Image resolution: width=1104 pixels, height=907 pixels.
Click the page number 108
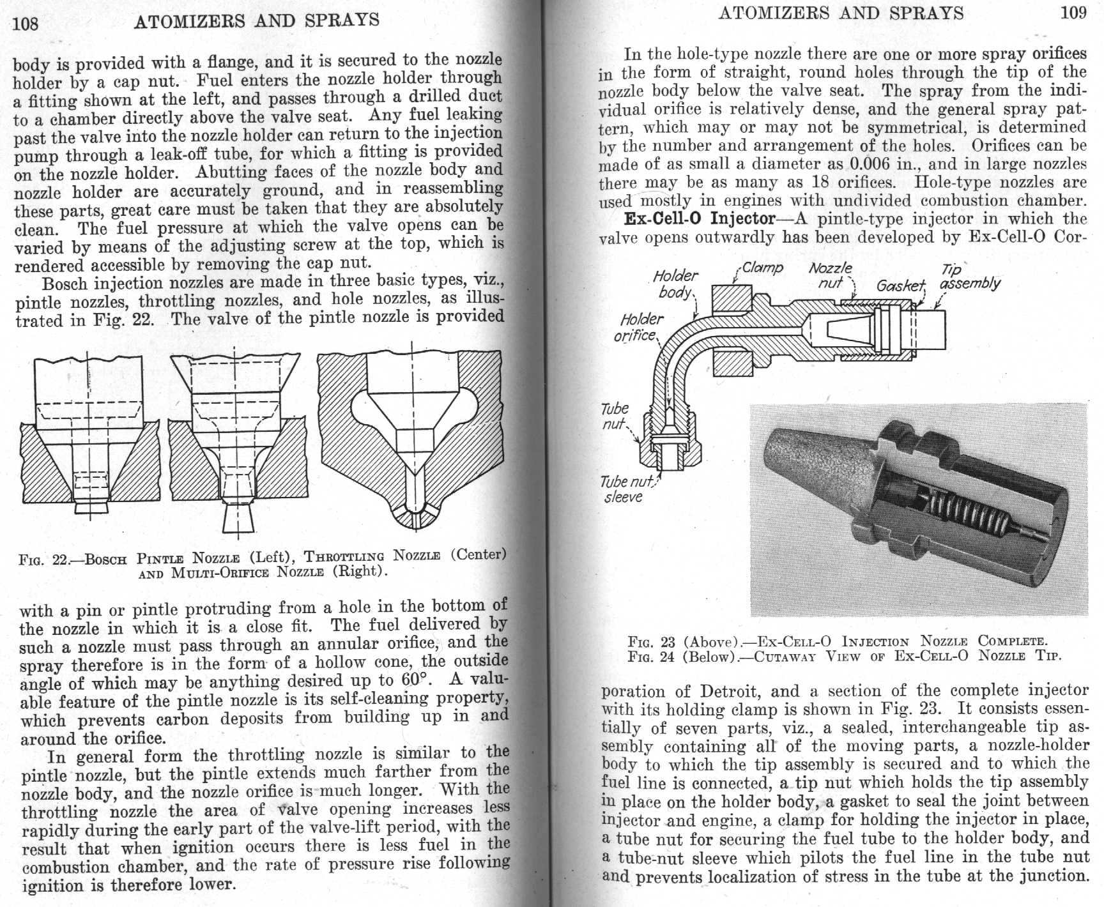(x=26, y=24)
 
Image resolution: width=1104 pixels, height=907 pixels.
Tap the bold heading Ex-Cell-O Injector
(x=699, y=218)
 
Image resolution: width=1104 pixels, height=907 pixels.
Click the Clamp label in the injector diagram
(x=762, y=268)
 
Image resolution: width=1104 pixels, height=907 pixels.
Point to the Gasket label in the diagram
(x=900, y=286)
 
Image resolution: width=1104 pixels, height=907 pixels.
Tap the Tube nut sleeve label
(x=624, y=489)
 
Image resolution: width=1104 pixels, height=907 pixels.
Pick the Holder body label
(x=676, y=284)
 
